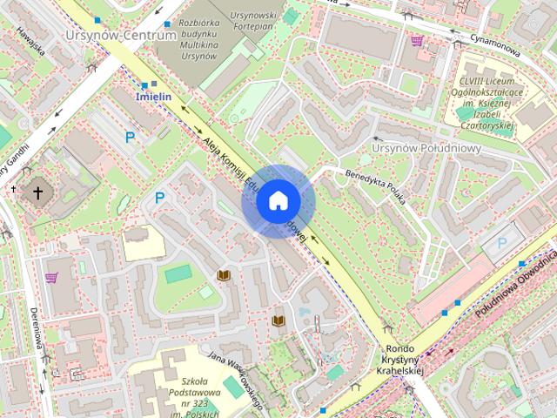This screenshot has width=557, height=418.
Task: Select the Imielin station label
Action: (153, 97)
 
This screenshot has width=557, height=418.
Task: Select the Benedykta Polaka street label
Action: (377, 178)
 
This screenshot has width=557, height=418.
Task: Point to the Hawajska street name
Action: (33, 40)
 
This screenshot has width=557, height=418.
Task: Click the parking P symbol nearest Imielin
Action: (130, 137)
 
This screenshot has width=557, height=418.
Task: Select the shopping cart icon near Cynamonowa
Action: (417, 40)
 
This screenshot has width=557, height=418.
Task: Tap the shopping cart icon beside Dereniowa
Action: (51, 278)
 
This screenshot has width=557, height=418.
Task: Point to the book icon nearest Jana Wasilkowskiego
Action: (278, 320)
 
